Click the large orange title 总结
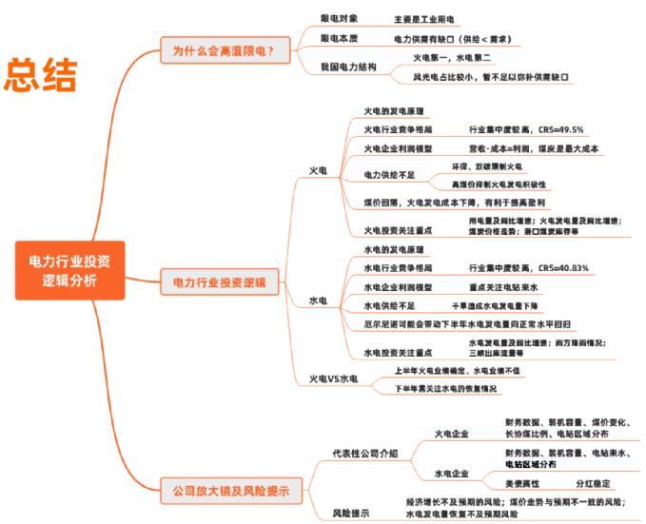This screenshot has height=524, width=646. coord(41,75)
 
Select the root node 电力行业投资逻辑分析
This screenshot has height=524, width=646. coord(69,269)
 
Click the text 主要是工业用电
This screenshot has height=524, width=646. coord(425,19)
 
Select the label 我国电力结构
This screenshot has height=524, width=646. coord(348,68)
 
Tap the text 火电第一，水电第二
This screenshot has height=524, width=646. coord(451,58)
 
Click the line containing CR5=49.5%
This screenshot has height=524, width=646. coord(526,130)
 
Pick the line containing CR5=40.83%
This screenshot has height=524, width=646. coord(529,268)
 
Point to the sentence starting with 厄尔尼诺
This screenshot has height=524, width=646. coord(454,323)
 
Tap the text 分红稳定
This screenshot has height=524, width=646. coord(593,483)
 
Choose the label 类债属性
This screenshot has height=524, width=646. coord(522,483)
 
